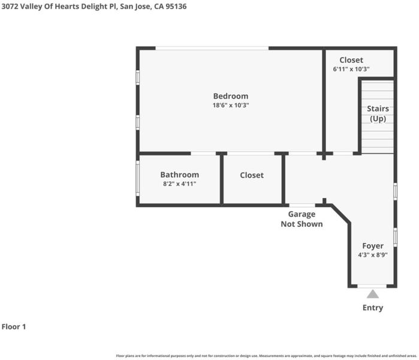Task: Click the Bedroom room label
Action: coord(231,96)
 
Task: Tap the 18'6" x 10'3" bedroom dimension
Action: coord(231,105)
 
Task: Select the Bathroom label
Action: coord(180,175)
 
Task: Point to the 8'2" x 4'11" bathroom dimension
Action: coord(180,184)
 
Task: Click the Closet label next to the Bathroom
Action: coord(252,175)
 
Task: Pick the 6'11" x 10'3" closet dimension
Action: coord(351,69)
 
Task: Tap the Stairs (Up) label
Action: coord(378,113)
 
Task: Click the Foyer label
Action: coord(373,246)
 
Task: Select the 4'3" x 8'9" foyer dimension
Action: coord(373,255)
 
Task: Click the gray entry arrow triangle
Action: coord(373,294)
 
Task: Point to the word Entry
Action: coord(373,308)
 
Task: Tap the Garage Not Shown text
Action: coord(302,219)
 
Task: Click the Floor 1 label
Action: coord(14,326)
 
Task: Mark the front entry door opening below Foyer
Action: coord(372,286)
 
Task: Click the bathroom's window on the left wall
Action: coord(138,178)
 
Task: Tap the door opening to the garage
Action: coord(302,205)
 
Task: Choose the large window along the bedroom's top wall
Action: coord(212,48)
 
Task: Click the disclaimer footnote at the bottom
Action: coord(266,356)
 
